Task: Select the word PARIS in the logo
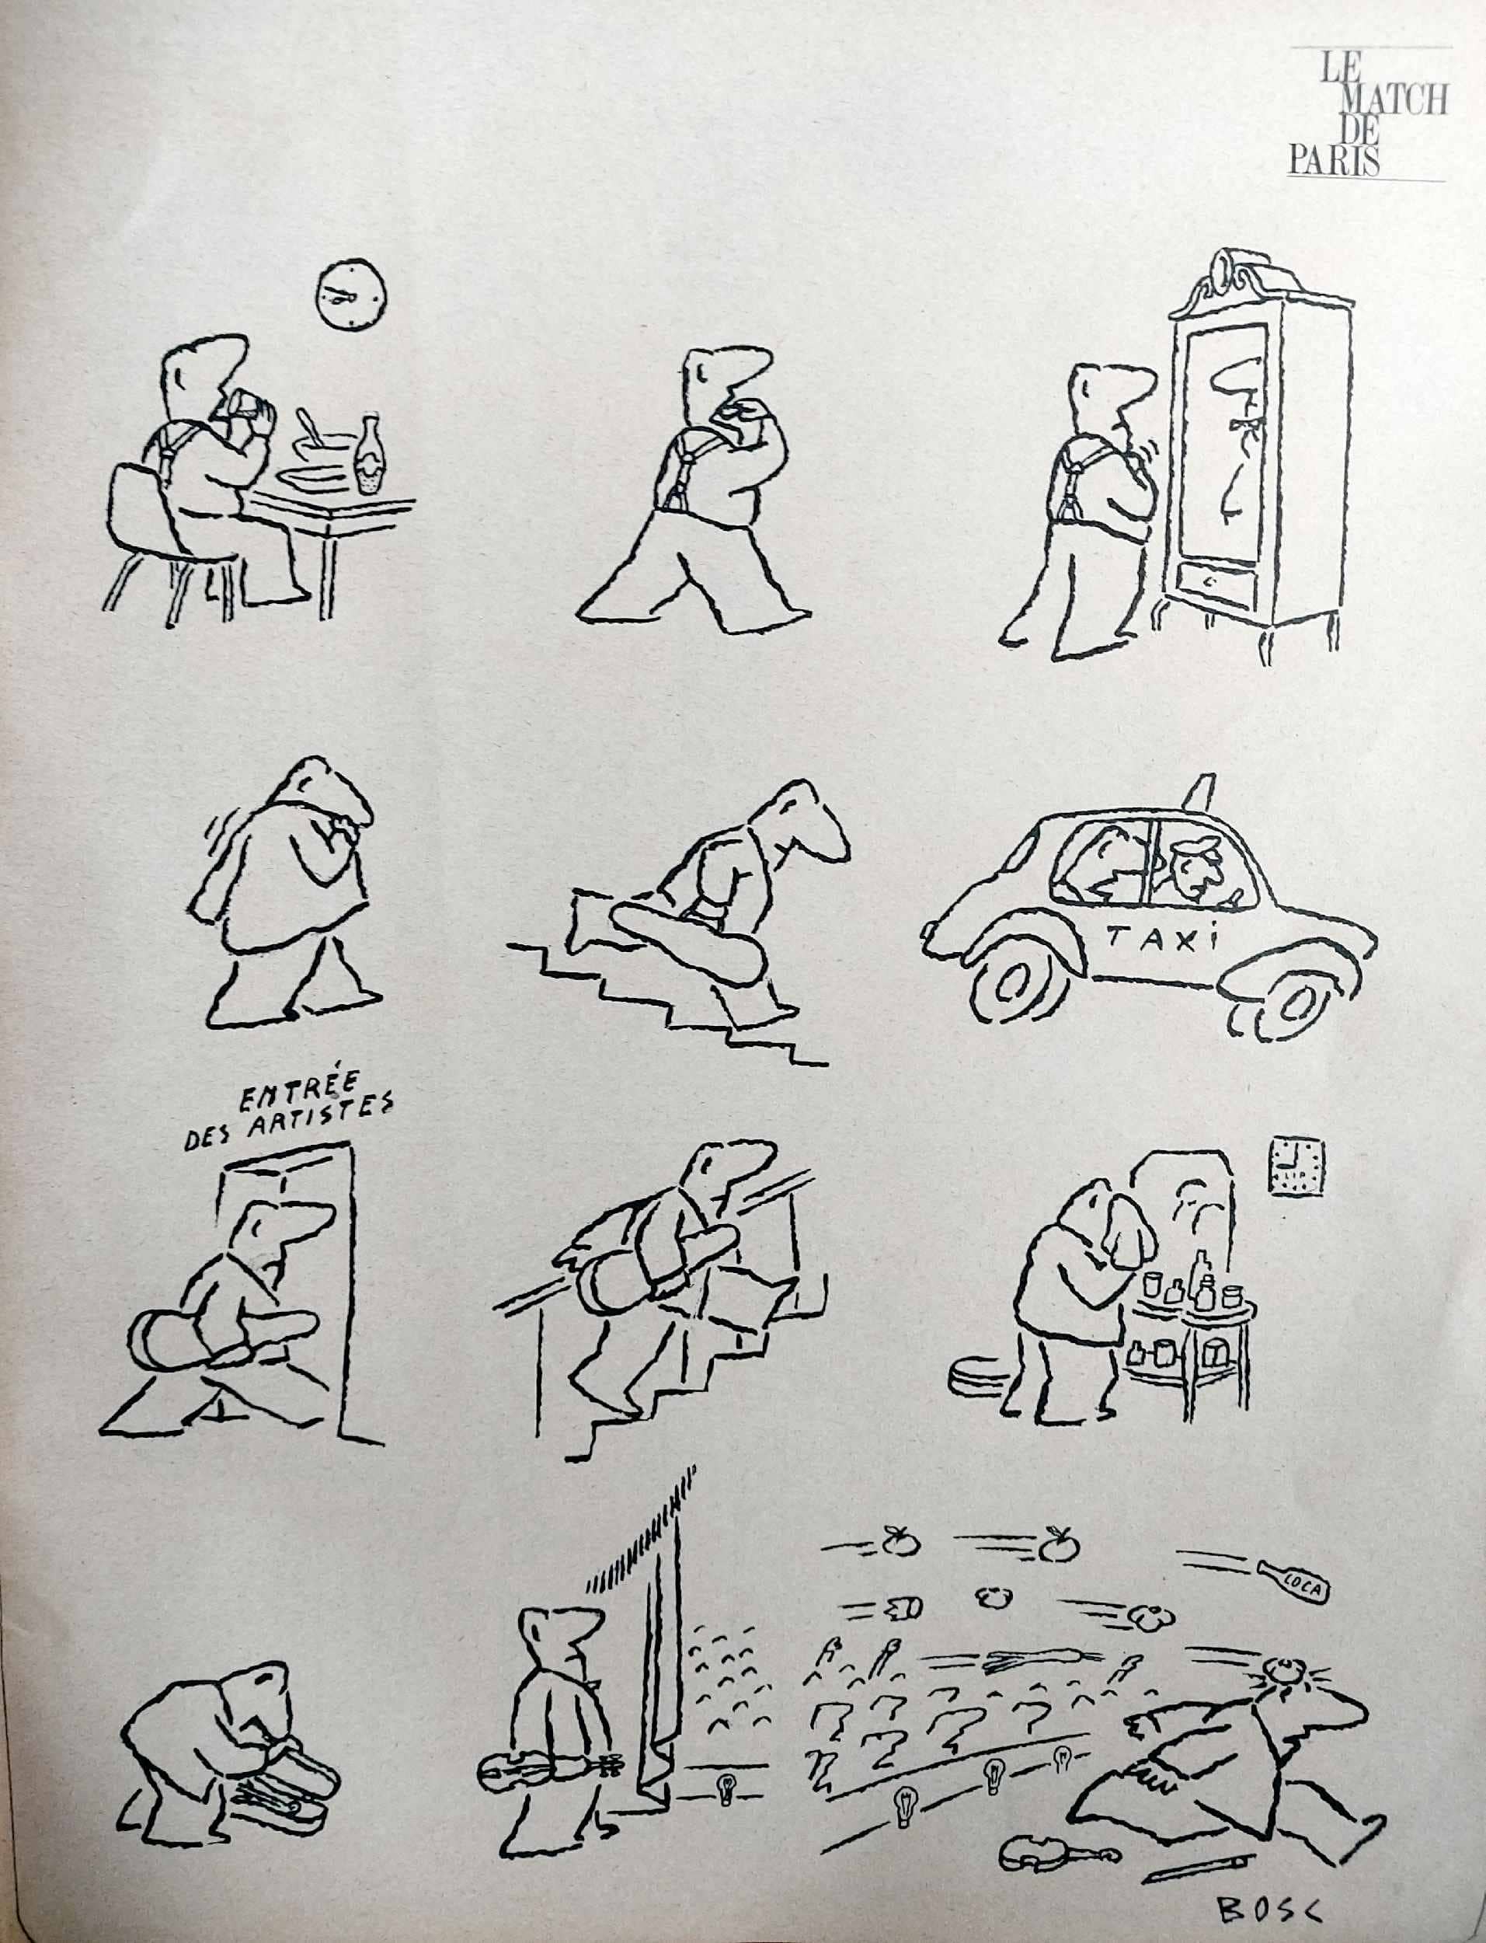point(1333,160)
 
